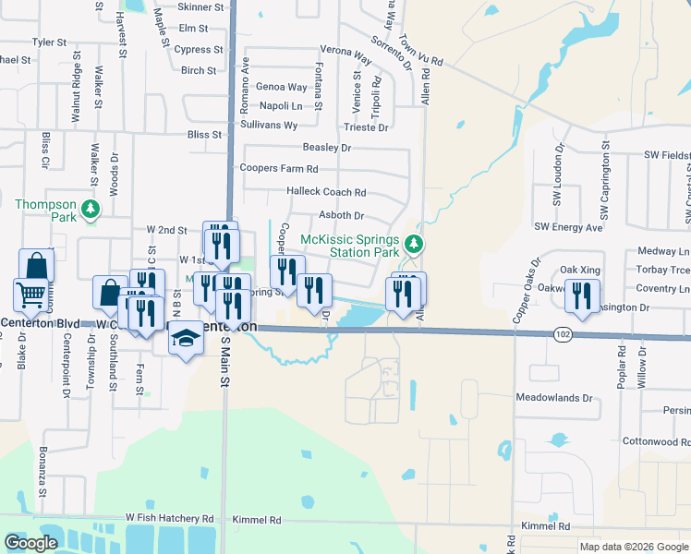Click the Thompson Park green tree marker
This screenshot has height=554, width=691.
click(91, 210)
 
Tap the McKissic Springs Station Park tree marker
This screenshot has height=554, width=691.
click(415, 244)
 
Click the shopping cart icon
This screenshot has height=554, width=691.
click(30, 295)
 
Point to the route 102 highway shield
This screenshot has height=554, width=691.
click(562, 332)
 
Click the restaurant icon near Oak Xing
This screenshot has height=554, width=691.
click(582, 295)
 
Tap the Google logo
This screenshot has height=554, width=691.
click(30, 543)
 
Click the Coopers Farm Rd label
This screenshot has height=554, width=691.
click(279, 169)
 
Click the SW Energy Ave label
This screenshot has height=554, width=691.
click(568, 226)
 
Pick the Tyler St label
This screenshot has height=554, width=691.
click(50, 42)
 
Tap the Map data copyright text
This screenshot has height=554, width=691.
click(634, 547)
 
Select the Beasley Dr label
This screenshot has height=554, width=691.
click(327, 147)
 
